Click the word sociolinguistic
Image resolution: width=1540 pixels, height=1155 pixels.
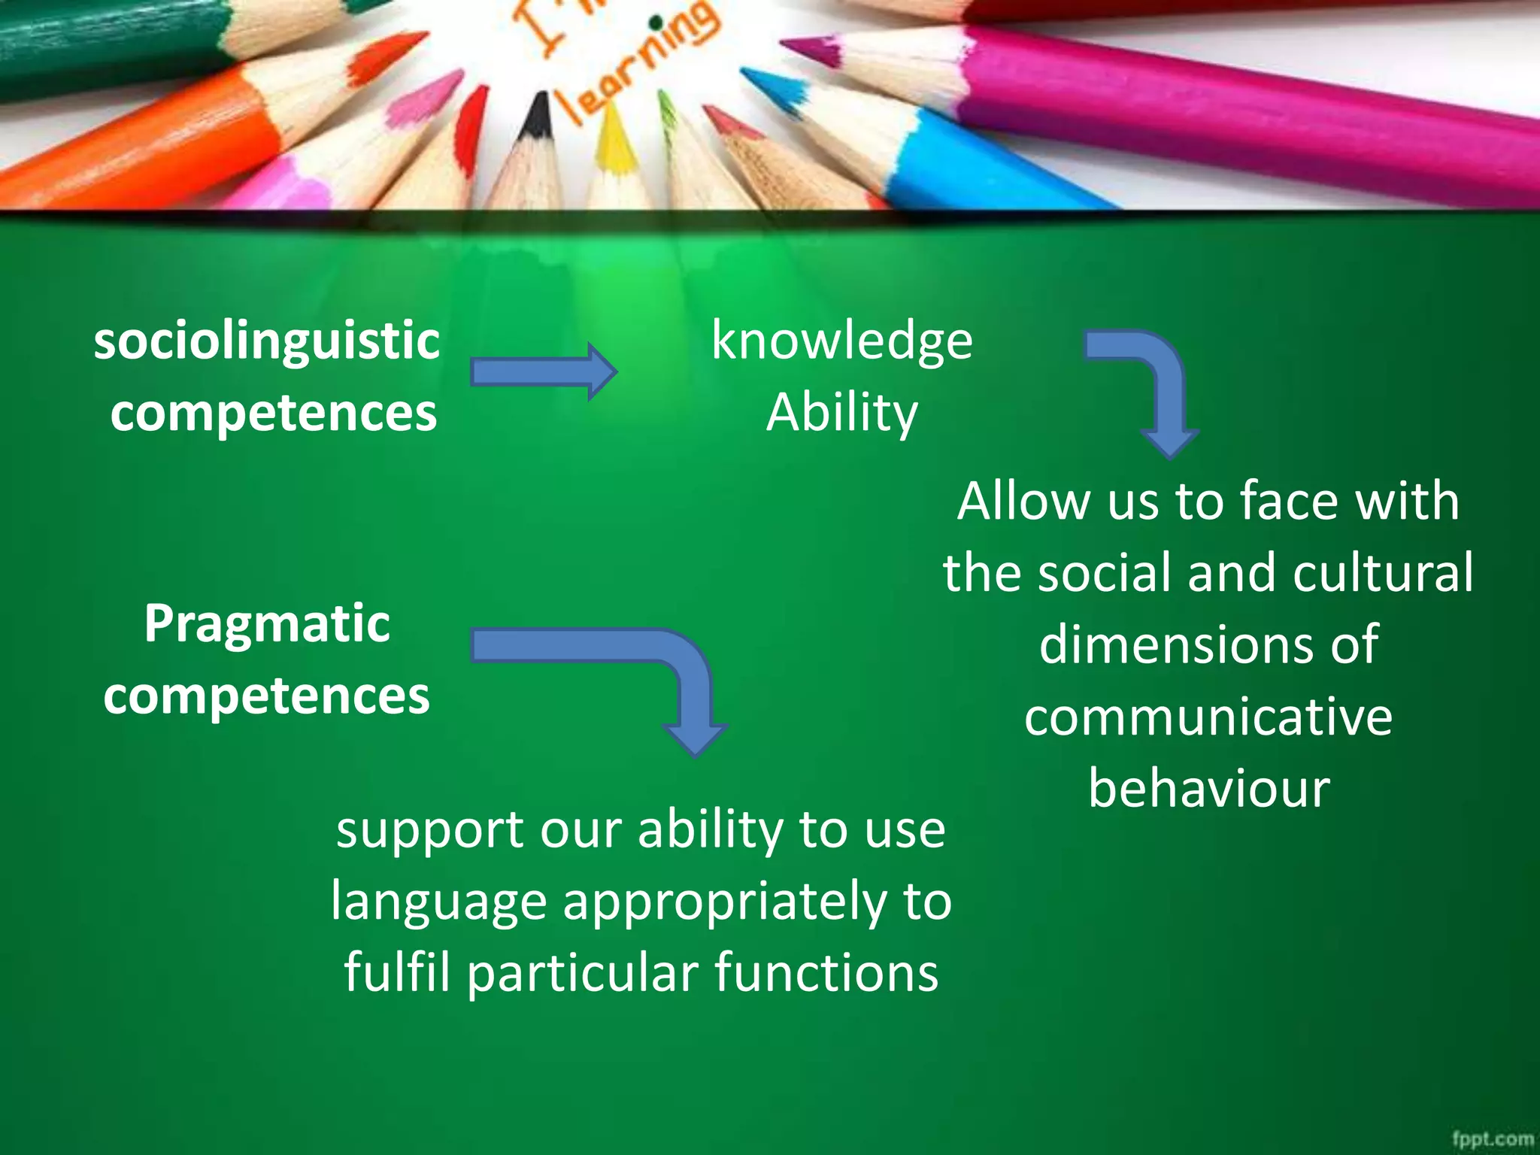pyautogui.click(x=266, y=341)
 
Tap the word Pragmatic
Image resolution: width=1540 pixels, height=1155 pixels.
pyautogui.click(x=267, y=624)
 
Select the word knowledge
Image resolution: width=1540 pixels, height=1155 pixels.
pyautogui.click(x=841, y=341)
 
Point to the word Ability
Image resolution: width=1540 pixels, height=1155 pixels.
pyautogui.click(x=841, y=413)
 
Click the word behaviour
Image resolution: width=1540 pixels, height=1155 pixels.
pyautogui.click(x=1208, y=789)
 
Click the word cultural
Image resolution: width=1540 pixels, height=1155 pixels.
pyautogui.click(x=1383, y=573)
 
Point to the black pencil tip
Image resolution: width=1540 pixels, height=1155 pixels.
pyautogui.click(x=537, y=117)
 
